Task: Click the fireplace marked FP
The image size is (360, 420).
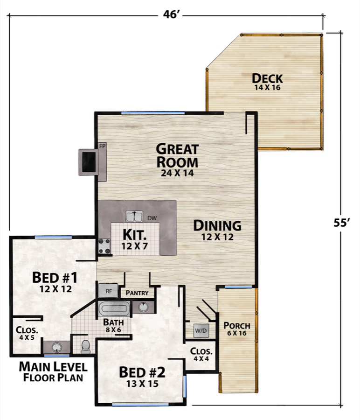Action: (x=89, y=162)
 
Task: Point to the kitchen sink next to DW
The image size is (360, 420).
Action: (x=134, y=217)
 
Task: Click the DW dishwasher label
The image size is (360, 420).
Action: (x=152, y=218)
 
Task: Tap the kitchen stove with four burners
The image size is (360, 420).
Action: (x=104, y=246)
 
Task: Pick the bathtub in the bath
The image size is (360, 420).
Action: (x=114, y=308)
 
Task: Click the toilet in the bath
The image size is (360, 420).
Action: (x=86, y=346)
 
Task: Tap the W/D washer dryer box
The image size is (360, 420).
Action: (x=201, y=330)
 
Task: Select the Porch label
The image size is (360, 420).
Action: (x=237, y=326)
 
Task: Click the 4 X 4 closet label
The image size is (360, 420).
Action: (x=201, y=355)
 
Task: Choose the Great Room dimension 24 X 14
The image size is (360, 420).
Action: (x=177, y=173)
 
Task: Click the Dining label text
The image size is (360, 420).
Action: (x=217, y=226)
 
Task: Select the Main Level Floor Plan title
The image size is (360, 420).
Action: (x=52, y=371)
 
